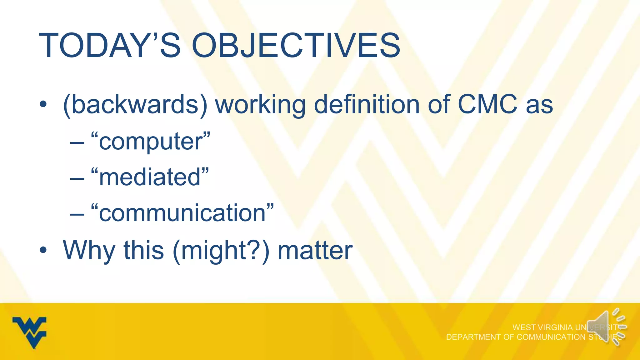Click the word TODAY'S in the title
click(x=109, y=46)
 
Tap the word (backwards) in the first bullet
click(x=135, y=105)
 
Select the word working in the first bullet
click(x=260, y=105)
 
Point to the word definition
click(x=367, y=105)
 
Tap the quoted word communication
click(x=182, y=213)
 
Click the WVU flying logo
click(x=29, y=332)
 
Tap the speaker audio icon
click(x=606, y=327)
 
